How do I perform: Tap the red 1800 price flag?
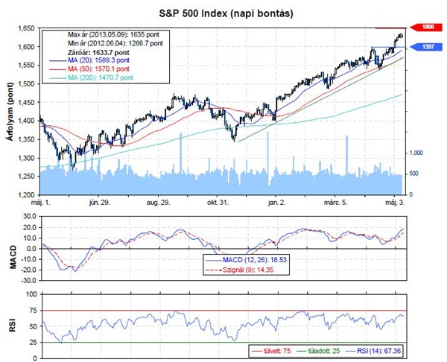(x=428, y=26)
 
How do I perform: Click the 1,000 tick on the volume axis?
(x=416, y=152)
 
